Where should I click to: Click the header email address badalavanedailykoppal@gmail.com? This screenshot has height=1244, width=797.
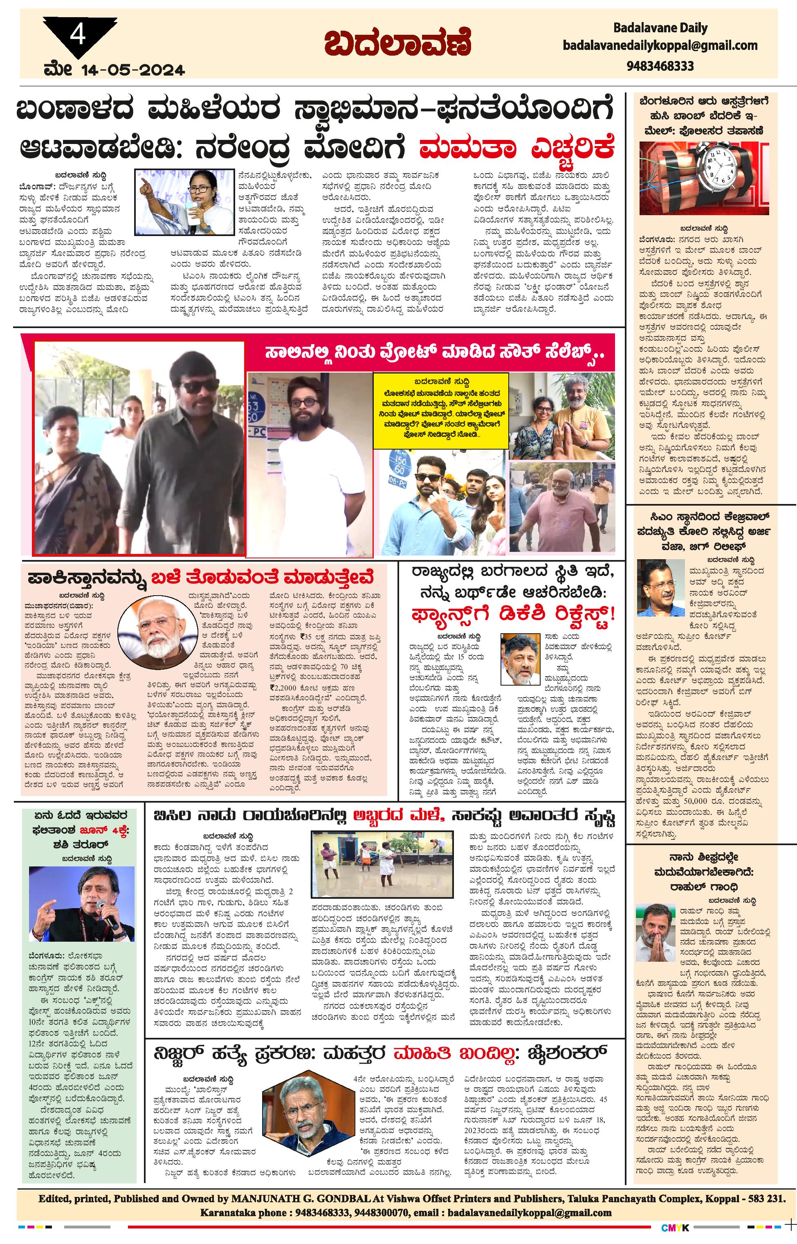point(660,45)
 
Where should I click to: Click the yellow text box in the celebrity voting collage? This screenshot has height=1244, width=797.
point(440,411)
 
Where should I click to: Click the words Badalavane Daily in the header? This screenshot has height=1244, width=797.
point(660,28)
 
